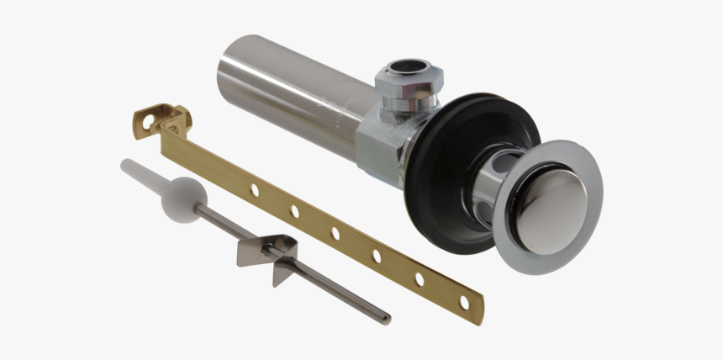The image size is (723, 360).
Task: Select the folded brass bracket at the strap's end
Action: (x=163, y=120)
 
